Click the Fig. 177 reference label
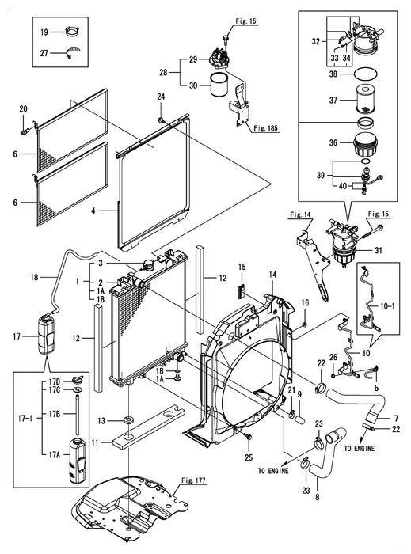pos(193,480)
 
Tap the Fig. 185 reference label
pos(266,128)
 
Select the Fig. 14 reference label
pos(300,214)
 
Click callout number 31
pos(378,250)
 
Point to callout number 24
pos(161,97)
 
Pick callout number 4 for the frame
pos(93,211)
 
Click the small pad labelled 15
pos(242,290)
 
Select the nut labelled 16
pos(306,324)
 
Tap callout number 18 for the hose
pos(34,277)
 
